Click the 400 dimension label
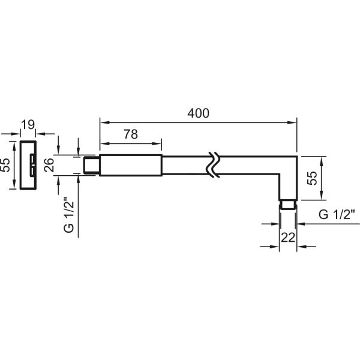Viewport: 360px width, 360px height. click(x=199, y=113)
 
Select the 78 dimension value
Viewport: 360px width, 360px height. click(x=131, y=134)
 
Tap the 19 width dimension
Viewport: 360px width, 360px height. click(x=28, y=125)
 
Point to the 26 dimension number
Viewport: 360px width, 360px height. click(x=49, y=165)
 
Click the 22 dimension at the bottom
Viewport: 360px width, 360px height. click(x=288, y=238)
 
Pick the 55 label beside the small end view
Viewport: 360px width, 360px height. click(x=5, y=165)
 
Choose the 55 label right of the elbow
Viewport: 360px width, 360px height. click(x=312, y=178)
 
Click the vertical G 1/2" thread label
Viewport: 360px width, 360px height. click(x=69, y=215)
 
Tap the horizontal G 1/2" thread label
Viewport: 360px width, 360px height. click(x=337, y=215)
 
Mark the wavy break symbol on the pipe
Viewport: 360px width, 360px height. click(x=214, y=165)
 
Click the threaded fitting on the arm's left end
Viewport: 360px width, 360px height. click(x=91, y=165)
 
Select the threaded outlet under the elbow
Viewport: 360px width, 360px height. click(x=288, y=205)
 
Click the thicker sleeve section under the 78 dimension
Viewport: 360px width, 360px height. click(x=131, y=166)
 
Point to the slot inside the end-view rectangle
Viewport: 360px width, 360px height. click(x=32, y=166)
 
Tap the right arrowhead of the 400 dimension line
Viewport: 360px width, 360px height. click(x=292, y=122)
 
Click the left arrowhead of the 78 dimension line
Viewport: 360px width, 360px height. click(x=104, y=144)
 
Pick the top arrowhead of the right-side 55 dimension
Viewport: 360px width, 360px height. click(x=322, y=161)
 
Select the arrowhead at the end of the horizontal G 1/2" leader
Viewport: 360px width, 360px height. click(x=301, y=224)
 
